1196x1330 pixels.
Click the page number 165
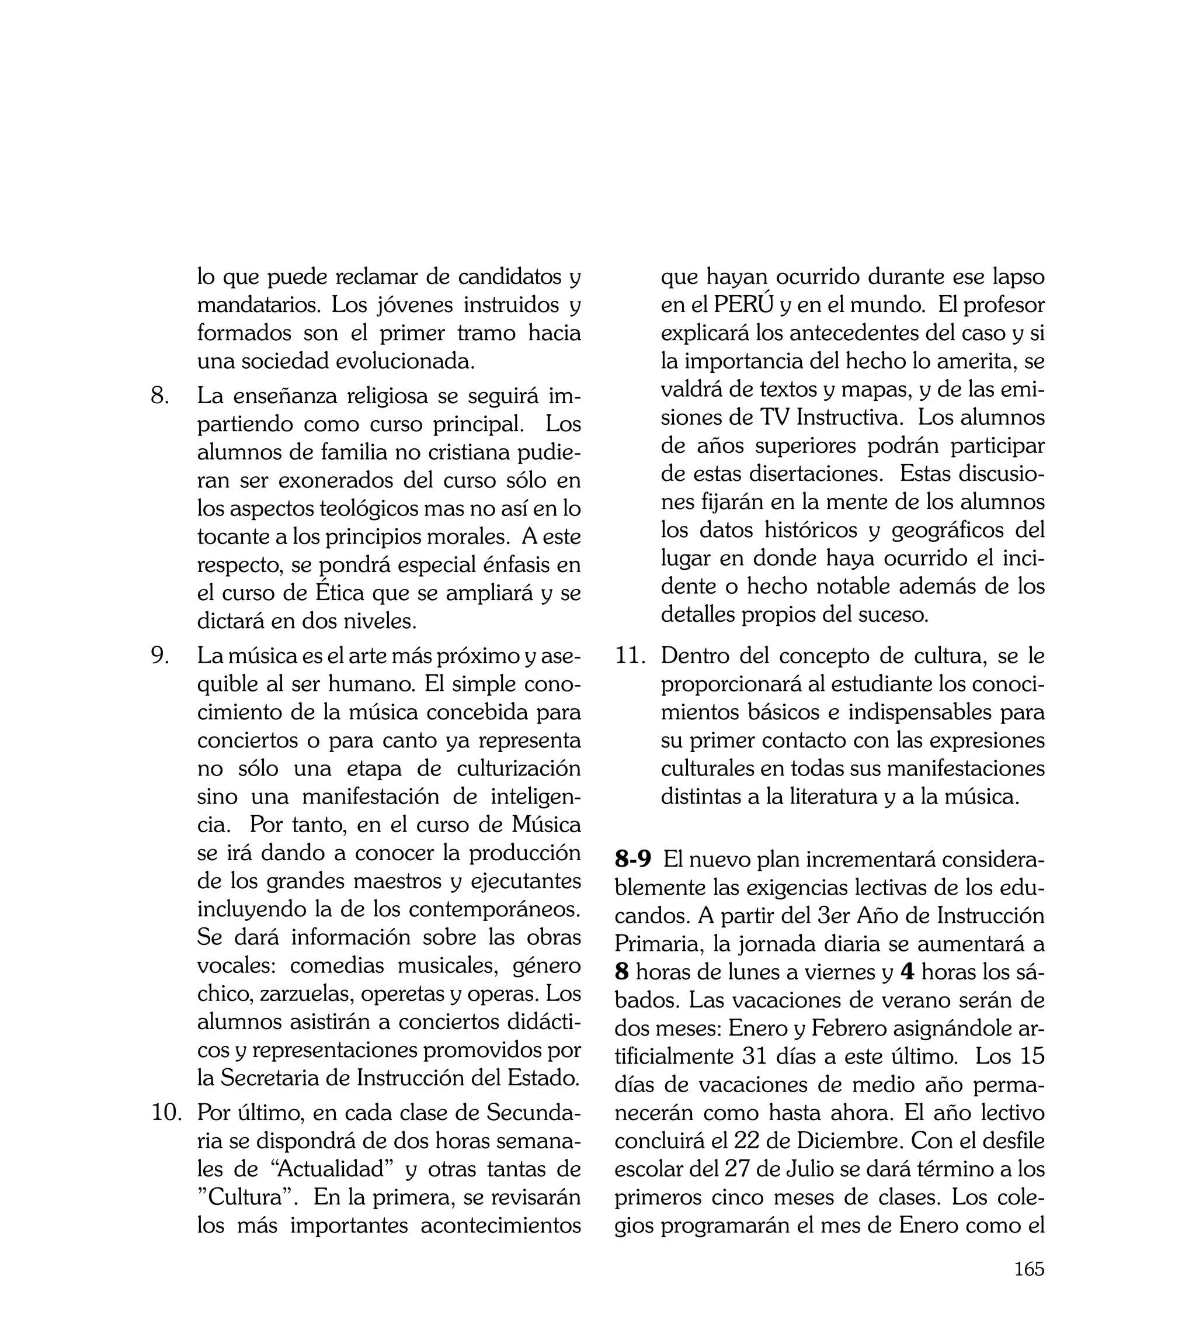[x=1028, y=1287]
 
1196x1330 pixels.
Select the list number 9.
[x=159, y=656]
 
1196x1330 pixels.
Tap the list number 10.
[x=166, y=1113]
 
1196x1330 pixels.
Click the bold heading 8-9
[x=632, y=859]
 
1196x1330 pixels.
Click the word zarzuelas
[x=306, y=994]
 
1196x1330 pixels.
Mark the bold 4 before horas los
[x=907, y=972]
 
